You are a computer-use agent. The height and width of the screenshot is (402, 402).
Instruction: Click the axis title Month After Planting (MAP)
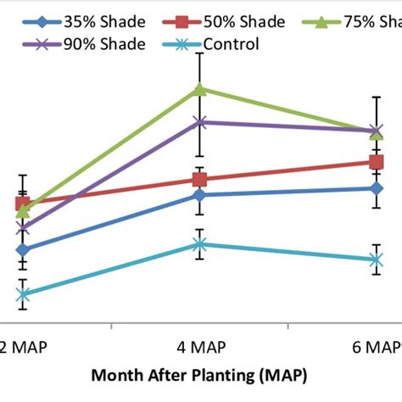coord(200,374)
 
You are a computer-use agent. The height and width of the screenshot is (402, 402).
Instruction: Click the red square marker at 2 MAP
coord(23,204)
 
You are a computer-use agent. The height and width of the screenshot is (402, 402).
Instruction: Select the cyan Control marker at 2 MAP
coord(23,295)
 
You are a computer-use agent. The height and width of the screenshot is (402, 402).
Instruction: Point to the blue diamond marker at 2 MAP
coord(23,250)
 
